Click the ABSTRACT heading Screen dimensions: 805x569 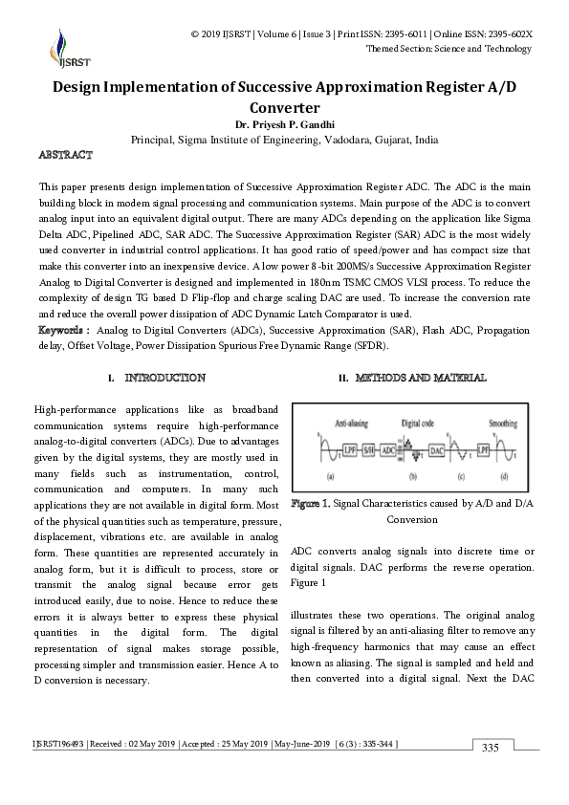pos(65,154)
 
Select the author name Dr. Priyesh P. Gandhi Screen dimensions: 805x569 pos(284,124)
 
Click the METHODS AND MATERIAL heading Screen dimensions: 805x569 pos(412,379)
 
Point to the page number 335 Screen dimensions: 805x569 pos(491,747)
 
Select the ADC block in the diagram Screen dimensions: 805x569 pos(389,448)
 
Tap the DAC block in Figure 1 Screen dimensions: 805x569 pos(437,448)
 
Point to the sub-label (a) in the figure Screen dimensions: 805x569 pos(330,475)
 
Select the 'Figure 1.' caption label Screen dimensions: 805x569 pos(311,503)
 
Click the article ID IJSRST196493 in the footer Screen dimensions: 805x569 pos(62,743)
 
